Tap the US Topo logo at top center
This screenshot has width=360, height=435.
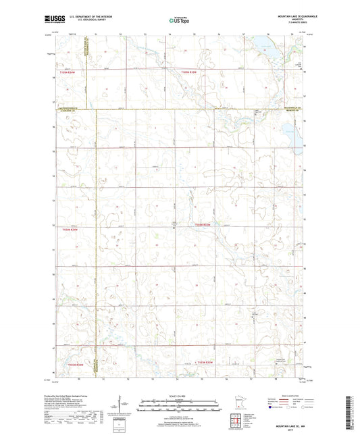point(178,21)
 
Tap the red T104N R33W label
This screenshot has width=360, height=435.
point(203,224)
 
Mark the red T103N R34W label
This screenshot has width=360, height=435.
point(75,365)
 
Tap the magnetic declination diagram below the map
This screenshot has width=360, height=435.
point(120,404)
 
